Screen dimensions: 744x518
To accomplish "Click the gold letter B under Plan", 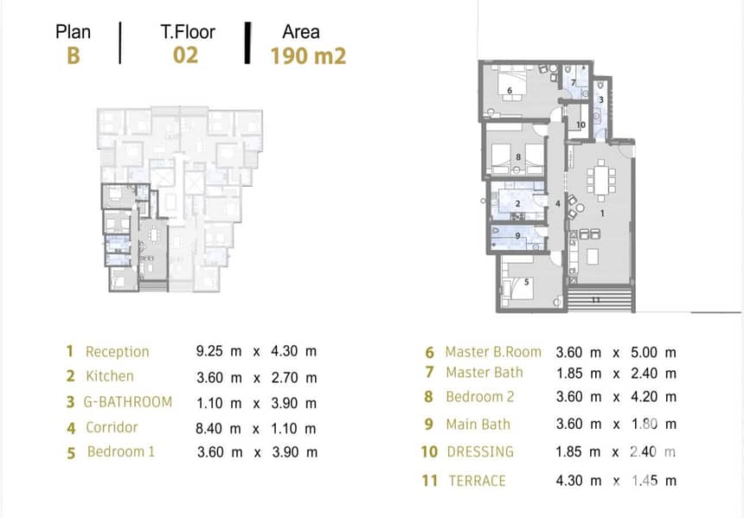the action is click(73, 55).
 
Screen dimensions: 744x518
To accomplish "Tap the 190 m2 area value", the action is click(309, 56).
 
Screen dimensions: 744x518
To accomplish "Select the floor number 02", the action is click(185, 55).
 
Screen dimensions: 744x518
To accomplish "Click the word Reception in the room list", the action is click(117, 352).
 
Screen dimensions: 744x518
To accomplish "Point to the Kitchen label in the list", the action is click(110, 376).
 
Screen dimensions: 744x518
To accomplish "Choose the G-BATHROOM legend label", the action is click(128, 402).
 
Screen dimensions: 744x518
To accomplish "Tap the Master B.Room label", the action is click(493, 352).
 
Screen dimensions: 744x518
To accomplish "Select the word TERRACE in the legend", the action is click(478, 481).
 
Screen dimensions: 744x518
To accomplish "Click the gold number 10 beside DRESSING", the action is click(429, 451).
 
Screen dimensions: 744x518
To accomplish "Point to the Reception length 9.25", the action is click(209, 351).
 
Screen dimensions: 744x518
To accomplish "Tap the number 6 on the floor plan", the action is click(510, 91).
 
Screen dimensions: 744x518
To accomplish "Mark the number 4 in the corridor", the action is click(557, 204).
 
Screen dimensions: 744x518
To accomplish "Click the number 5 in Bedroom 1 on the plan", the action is click(526, 282).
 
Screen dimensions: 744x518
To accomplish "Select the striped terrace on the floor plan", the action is click(600, 298).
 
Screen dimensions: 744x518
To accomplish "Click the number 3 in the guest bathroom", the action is click(601, 100).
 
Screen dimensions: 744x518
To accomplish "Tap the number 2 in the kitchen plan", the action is click(517, 204).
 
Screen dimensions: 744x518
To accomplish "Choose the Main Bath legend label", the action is click(478, 424).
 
